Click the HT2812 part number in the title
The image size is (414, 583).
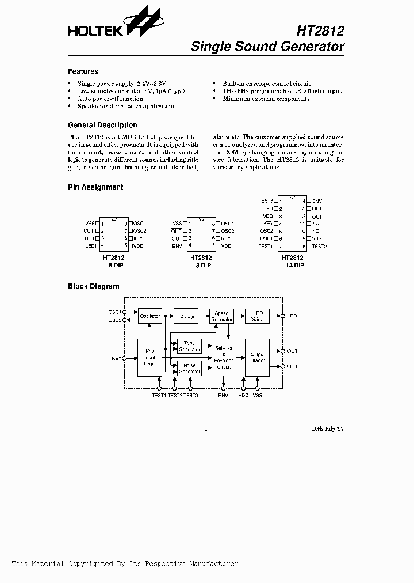tap(321, 30)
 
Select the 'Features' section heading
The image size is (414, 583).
tap(83, 72)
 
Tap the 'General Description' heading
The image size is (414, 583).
tap(102, 125)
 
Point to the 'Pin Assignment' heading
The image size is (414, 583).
tap(95, 187)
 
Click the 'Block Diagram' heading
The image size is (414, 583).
tap(94, 286)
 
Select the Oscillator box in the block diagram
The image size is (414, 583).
tap(149, 316)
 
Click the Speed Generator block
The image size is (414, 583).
tap(221, 316)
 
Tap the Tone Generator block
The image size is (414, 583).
tap(190, 346)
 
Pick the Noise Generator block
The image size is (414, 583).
tap(190, 368)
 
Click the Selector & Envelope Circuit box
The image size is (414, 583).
tap(224, 358)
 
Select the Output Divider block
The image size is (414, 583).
tap(258, 358)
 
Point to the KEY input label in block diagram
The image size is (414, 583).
tap(117, 358)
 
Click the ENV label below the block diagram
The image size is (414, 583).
tap(223, 395)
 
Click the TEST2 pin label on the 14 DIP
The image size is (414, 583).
tap(319, 246)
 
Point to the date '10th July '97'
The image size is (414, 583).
tap(328, 429)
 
